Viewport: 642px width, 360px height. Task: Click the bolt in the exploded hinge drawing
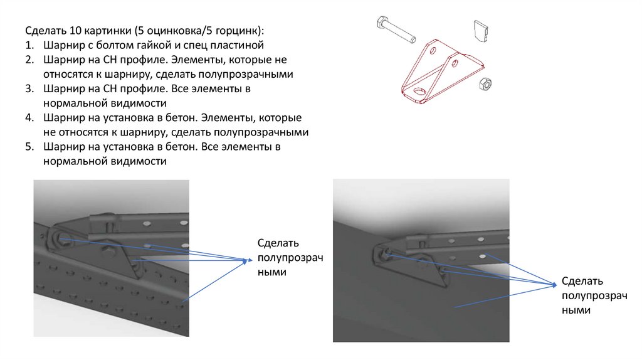pos(396,31)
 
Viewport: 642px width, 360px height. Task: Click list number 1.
pos(29,45)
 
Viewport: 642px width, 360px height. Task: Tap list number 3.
pos(29,89)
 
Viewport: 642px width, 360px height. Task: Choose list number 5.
pos(29,147)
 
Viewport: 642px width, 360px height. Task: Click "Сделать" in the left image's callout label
pos(278,243)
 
